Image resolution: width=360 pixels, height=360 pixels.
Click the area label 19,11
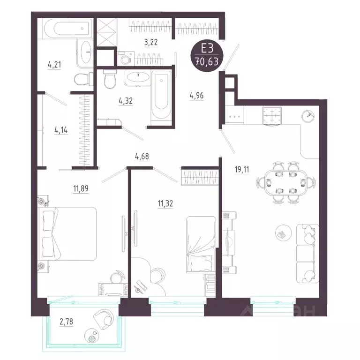coord(242,170)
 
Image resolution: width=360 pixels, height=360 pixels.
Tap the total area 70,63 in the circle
coord(207,61)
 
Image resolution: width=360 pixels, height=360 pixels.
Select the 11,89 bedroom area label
coord(81,188)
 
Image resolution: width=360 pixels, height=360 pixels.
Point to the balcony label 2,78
coord(67,322)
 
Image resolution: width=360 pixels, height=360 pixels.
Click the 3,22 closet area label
coord(151,43)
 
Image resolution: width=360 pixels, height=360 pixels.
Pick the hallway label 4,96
coord(197,95)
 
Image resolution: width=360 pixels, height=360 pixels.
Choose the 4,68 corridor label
coord(142,157)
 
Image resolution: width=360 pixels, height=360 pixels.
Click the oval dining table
coord(285,182)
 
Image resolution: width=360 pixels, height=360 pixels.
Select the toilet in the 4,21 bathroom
coord(83,79)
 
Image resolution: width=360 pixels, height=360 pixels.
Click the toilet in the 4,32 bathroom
coord(110,79)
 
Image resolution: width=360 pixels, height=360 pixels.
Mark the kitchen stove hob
coord(272,116)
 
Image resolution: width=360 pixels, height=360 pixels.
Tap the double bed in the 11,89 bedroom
coord(67,234)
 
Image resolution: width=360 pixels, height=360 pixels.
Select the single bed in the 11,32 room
coord(201,244)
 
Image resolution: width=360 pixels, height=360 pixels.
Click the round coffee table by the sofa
coord(283,233)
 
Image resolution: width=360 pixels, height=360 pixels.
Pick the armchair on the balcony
coord(104,317)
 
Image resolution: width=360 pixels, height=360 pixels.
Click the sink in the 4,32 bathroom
coord(137,77)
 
